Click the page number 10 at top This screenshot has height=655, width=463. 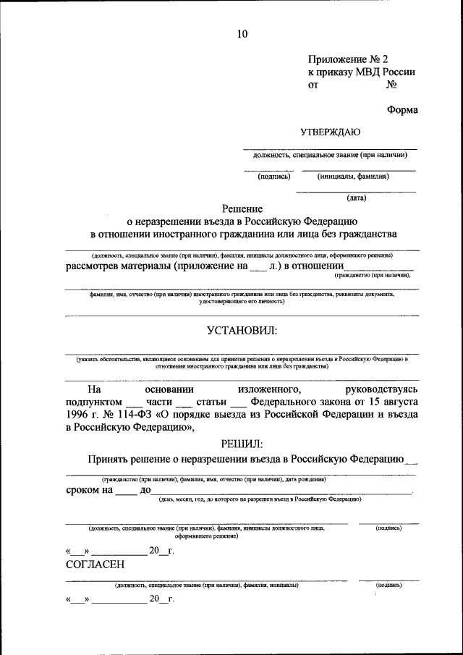(242, 34)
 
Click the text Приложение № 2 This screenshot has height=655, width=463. (353, 59)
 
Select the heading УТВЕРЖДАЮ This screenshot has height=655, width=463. (330, 132)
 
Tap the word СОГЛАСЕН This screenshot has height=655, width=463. (95, 565)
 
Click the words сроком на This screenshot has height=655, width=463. (89, 490)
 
